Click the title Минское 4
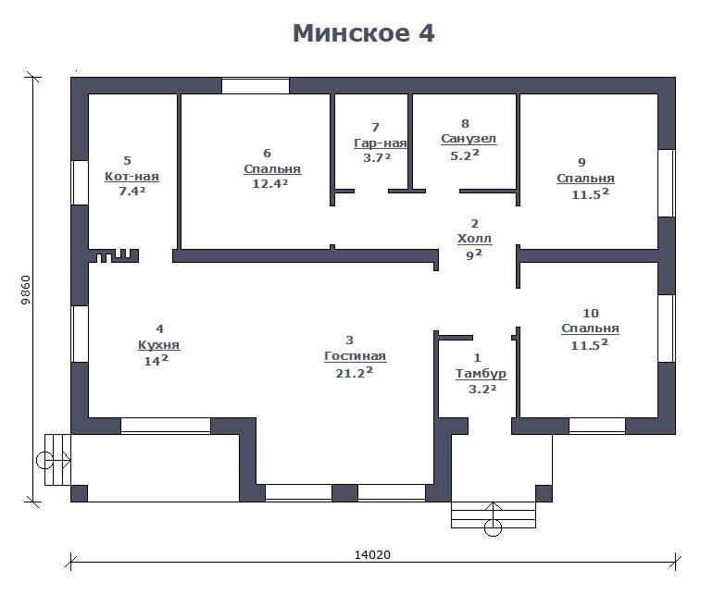click(x=364, y=33)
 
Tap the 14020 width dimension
click(x=372, y=555)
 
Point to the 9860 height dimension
click(x=26, y=290)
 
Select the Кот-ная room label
click(x=131, y=177)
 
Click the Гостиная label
click(x=355, y=356)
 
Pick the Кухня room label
click(x=158, y=345)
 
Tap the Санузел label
click(x=469, y=139)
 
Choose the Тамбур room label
click(x=482, y=374)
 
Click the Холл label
click(x=474, y=239)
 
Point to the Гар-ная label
click(x=381, y=143)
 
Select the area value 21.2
click(x=355, y=373)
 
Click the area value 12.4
click(x=270, y=183)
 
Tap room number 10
click(x=591, y=313)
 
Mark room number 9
click(x=582, y=162)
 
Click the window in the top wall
click(x=256, y=86)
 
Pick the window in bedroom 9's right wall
click(x=667, y=183)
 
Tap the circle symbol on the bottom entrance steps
click(x=494, y=527)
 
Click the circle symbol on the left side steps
click(x=44, y=460)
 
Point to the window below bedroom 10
click(x=597, y=426)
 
